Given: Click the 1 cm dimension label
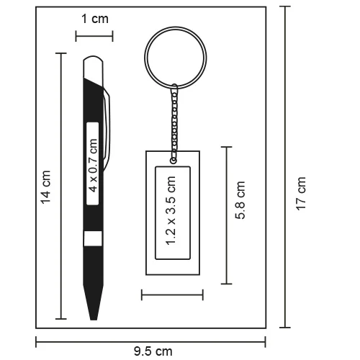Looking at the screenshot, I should click(94, 19).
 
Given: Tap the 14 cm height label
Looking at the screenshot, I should click(46, 186).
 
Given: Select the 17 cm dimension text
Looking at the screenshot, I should click(302, 193).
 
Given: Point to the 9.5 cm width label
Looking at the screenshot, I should click(153, 351).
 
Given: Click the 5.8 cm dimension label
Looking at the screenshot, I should click(242, 201).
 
